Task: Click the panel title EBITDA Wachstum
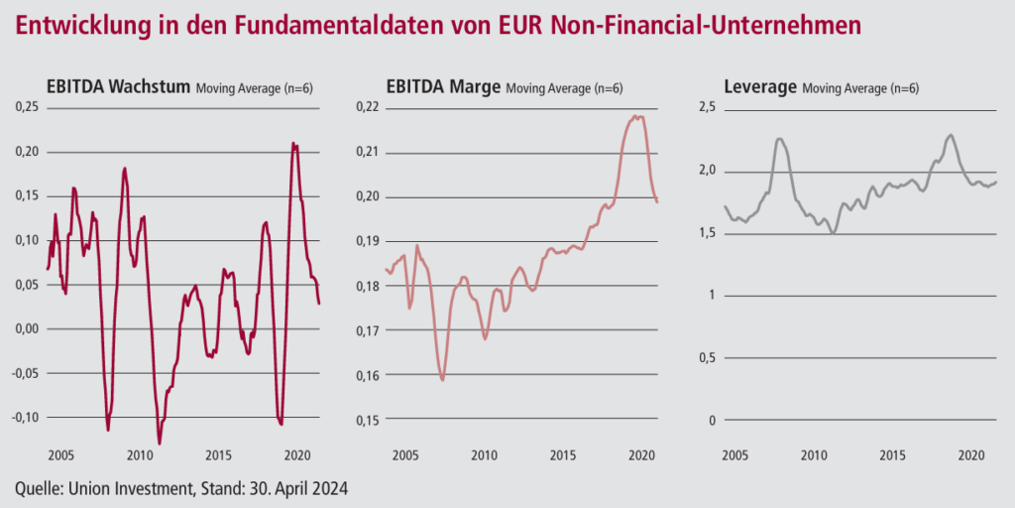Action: click(117, 87)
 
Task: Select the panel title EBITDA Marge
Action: click(443, 87)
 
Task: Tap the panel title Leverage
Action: click(760, 87)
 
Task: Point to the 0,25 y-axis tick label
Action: click(27, 107)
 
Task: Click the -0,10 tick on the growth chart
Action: click(26, 418)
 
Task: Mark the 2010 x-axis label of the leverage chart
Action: click(813, 454)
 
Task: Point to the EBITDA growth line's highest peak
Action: click(293, 143)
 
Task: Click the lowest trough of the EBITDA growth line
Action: click(160, 444)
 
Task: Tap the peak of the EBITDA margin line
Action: click(636, 117)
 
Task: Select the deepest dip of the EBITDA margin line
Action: click(443, 380)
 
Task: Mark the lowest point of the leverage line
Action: click(834, 232)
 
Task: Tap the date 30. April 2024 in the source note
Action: click(298, 487)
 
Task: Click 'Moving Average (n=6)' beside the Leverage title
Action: click(860, 88)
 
